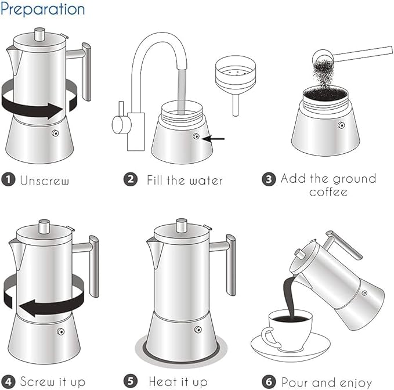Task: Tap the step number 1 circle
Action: pos(8,179)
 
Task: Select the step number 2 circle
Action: pos(131,179)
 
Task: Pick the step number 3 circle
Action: pos(269,179)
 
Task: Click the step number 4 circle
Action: pos(8,381)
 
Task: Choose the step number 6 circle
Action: pos(269,381)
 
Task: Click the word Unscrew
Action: pos(45,180)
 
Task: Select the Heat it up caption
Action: pos(178,382)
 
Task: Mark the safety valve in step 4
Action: pos(60,331)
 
